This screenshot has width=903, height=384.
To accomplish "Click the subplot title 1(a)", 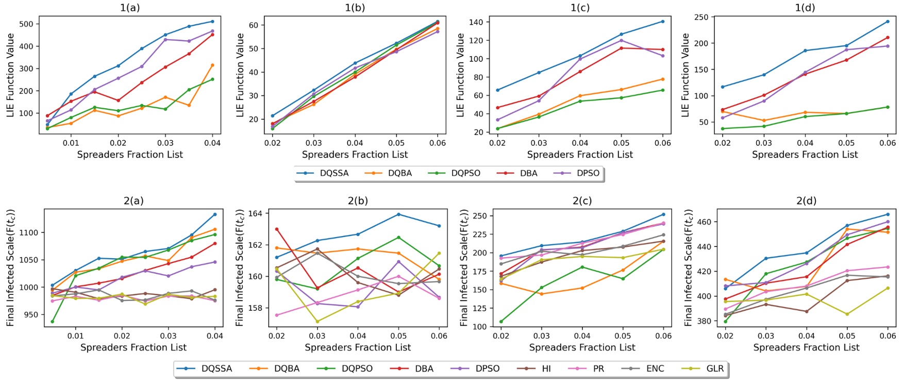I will [130, 8].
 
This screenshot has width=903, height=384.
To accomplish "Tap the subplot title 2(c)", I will [582, 201].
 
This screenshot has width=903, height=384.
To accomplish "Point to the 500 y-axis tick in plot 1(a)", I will [26, 24].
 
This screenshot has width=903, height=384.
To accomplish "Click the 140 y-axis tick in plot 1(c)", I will [476, 22].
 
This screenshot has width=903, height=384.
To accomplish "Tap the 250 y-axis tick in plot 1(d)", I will [701, 17].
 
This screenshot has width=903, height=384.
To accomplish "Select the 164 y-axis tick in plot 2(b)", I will [256, 213].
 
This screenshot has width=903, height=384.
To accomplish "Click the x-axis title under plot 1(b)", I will [355, 155].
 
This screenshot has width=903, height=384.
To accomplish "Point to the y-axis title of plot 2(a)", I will [11, 268].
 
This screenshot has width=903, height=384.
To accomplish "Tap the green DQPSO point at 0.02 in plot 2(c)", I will [501, 322].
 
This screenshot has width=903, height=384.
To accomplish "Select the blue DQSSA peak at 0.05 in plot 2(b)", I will [398, 214].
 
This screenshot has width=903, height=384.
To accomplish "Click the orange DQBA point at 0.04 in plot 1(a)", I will [212, 65].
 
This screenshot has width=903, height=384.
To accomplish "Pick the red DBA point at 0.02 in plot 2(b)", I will [277, 229].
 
